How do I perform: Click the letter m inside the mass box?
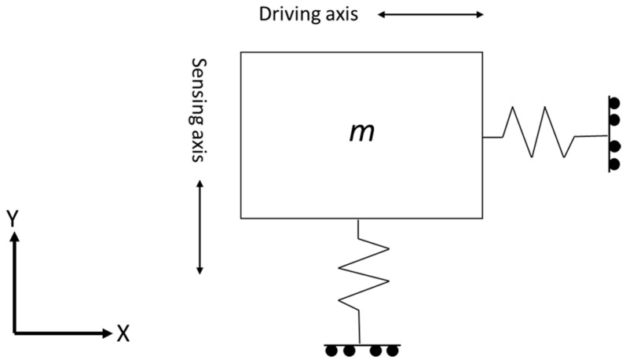[x=361, y=133]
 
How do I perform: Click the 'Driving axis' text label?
[x=309, y=14]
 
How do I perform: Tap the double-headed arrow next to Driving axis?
[x=430, y=14]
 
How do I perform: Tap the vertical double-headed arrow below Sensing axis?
[x=200, y=227]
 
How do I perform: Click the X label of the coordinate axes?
[x=123, y=334]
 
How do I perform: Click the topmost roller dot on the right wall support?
[x=615, y=103]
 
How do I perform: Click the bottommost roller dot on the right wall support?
[x=615, y=164]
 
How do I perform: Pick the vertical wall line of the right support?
[x=608, y=132]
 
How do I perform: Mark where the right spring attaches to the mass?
[x=482, y=138]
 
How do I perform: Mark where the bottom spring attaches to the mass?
[x=358, y=218]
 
